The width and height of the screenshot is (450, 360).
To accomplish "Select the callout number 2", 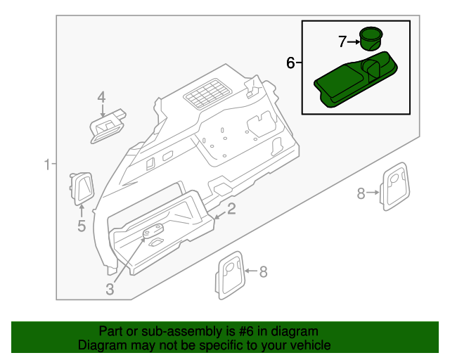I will [231, 208].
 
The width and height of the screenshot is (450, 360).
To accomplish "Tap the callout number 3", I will [110, 288].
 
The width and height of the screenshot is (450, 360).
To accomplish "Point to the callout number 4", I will [101, 97].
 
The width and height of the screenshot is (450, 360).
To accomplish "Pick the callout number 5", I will [81, 226].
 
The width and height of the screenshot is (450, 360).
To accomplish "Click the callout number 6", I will [291, 63].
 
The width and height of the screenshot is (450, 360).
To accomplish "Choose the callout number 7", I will [342, 41].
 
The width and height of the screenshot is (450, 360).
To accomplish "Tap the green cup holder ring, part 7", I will [370, 38].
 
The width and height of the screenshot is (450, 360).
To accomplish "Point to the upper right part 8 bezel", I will [395, 186].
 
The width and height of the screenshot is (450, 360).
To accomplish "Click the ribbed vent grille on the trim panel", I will [206, 93].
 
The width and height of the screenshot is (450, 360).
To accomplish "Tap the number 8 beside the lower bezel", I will [264, 272].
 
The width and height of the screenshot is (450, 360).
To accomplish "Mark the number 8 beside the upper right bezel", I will [361, 193].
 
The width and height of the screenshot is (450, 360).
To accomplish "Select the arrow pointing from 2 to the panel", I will [219, 214].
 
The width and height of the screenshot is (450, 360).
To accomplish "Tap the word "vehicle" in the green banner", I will [309, 345].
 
